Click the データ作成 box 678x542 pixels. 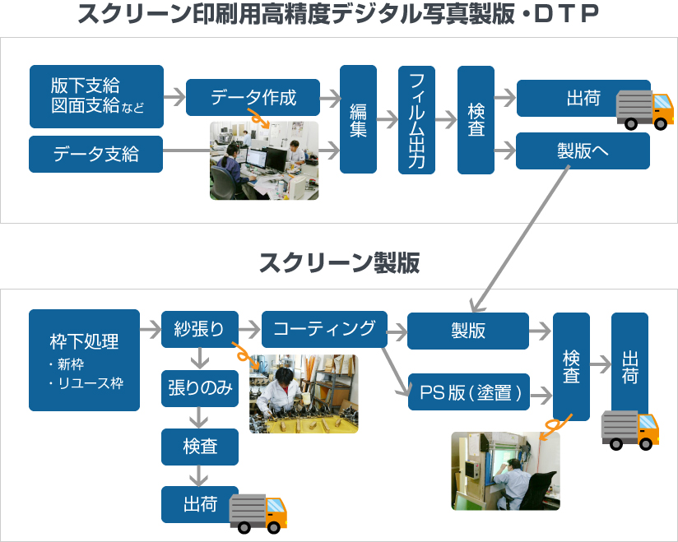click(x=253, y=98)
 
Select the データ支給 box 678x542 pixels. click(x=95, y=154)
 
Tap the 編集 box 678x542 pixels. click(x=358, y=119)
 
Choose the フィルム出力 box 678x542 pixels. click(x=416, y=119)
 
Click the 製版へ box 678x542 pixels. click(x=583, y=151)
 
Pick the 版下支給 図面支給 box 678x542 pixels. click(x=95, y=96)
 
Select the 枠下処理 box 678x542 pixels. click(x=84, y=359)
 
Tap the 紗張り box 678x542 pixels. click(x=200, y=329)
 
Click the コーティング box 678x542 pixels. click(x=323, y=329)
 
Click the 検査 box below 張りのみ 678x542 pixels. click(x=200, y=447)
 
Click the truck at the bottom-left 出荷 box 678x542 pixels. click(x=258, y=512)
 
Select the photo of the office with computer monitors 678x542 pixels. click(x=263, y=160)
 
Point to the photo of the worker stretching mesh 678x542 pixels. click(x=304, y=393)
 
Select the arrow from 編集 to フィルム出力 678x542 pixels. click(x=387, y=120)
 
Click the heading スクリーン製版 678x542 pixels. click(x=339, y=263)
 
